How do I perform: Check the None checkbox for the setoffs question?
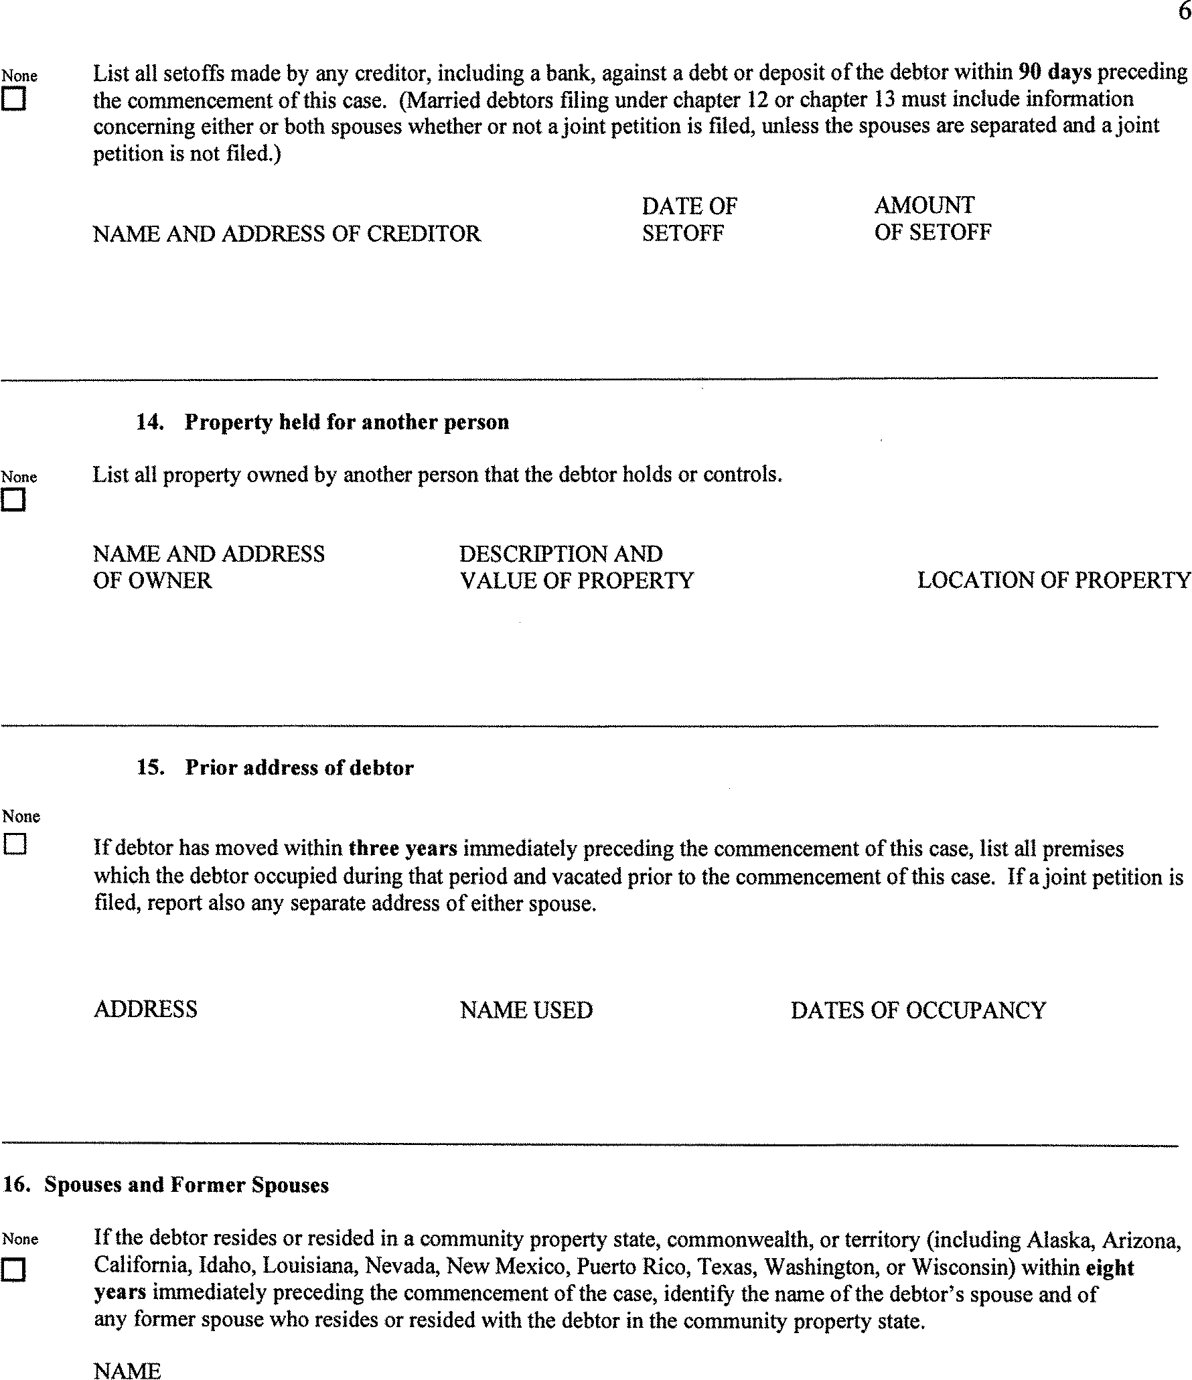pyautogui.click(x=15, y=100)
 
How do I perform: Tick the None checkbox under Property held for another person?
pyautogui.click(x=14, y=500)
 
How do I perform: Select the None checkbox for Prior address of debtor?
pyautogui.click(x=15, y=844)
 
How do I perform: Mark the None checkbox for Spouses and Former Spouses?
pyautogui.click(x=14, y=1268)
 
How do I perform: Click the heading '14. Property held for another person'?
pyautogui.click(x=323, y=422)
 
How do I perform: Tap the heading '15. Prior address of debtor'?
pyautogui.click(x=275, y=767)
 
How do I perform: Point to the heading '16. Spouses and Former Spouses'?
pyautogui.click(x=166, y=1185)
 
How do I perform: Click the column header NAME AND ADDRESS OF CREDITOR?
pyautogui.click(x=287, y=234)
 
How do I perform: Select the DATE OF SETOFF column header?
pyautogui.click(x=689, y=220)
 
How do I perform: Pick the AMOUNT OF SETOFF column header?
pyautogui.click(x=932, y=218)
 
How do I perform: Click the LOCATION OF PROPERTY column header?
pyautogui.click(x=1053, y=580)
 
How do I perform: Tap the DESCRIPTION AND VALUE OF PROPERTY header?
pyautogui.click(x=576, y=567)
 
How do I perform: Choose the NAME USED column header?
pyautogui.click(x=526, y=1010)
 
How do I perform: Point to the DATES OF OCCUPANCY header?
pyautogui.click(x=918, y=1010)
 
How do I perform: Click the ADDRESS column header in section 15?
pyautogui.click(x=145, y=1010)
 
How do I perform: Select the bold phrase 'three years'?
pyautogui.click(x=403, y=848)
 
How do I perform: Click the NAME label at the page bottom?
pyautogui.click(x=127, y=1371)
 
